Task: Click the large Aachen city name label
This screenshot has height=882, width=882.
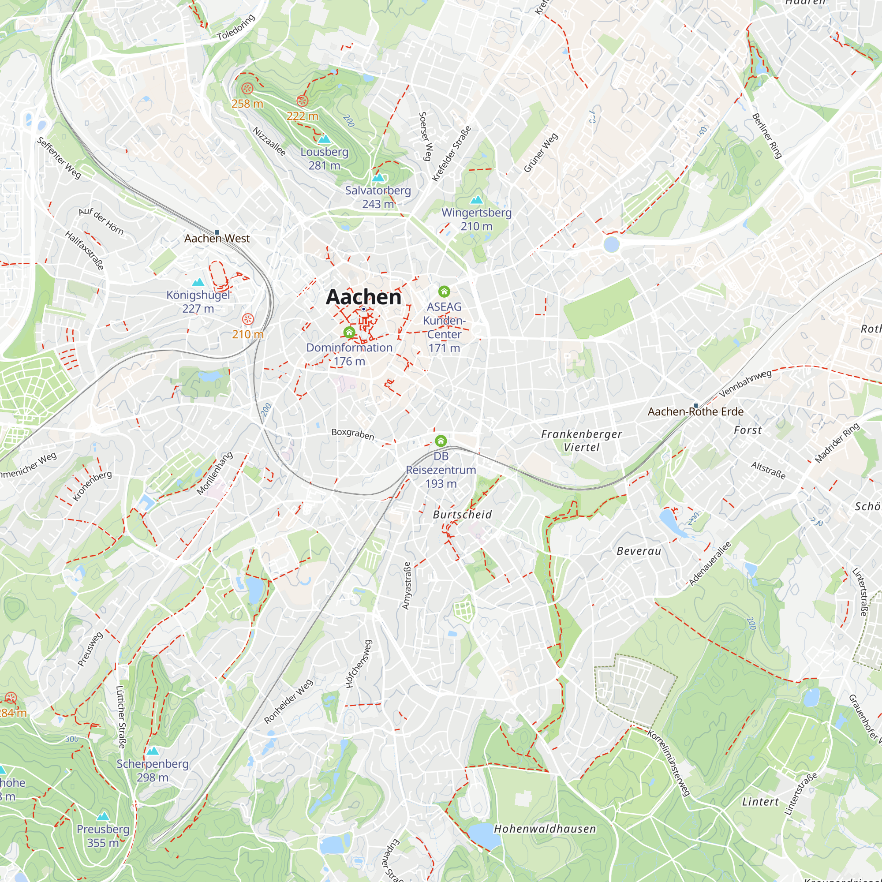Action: pyautogui.click(x=363, y=297)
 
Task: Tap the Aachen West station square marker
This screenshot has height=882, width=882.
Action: pyautogui.click(x=217, y=232)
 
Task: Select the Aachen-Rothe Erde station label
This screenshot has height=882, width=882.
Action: pyautogui.click(x=695, y=411)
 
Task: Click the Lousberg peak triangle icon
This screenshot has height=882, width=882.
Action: pyautogui.click(x=325, y=139)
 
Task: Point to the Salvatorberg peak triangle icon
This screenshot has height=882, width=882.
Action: pyautogui.click(x=378, y=178)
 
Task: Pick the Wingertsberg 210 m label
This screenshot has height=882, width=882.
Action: pyautogui.click(x=476, y=219)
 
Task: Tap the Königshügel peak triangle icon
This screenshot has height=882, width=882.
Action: pyautogui.click(x=198, y=282)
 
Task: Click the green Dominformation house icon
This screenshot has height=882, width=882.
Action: pyautogui.click(x=349, y=333)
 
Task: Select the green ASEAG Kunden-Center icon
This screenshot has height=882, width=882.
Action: pyautogui.click(x=444, y=291)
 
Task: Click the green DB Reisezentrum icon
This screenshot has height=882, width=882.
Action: pyautogui.click(x=441, y=441)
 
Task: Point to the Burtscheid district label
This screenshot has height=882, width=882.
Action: pyautogui.click(x=462, y=515)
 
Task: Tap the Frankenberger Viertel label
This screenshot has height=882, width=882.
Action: pyautogui.click(x=581, y=441)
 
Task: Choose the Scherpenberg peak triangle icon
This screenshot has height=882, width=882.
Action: pyautogui.click(x=153, y=751)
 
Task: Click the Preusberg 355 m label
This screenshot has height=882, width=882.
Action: pyautogui.click(x=103, y=835)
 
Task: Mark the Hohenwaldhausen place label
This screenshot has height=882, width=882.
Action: pyautogui.click(x=545, y=829)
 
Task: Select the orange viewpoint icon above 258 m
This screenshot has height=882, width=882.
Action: pyautogui.click(x=247, y=88)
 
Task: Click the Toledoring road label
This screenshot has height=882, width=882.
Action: pyautogui.click(x=235, y=27)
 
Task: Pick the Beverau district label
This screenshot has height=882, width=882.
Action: pyautogui.click(x=639, y=551)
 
